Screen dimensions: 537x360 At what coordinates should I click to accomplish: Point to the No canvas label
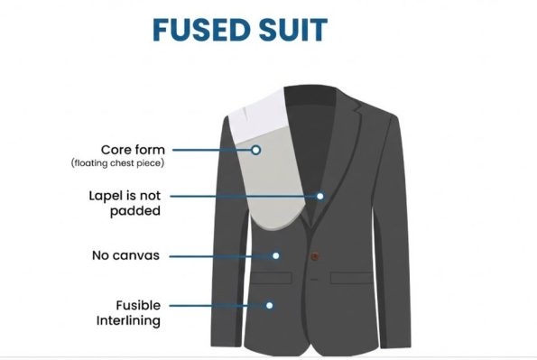(x=126, y=255)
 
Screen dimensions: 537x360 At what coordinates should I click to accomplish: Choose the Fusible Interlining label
(x=126, y=312)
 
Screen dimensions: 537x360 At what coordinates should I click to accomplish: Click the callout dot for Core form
(x=256, y=150)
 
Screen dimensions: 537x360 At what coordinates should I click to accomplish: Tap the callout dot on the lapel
(x=319, y=196)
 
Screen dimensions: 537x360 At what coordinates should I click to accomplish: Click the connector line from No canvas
(x=221, y=255)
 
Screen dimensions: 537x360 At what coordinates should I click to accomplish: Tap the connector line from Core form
(x=212, y=150)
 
